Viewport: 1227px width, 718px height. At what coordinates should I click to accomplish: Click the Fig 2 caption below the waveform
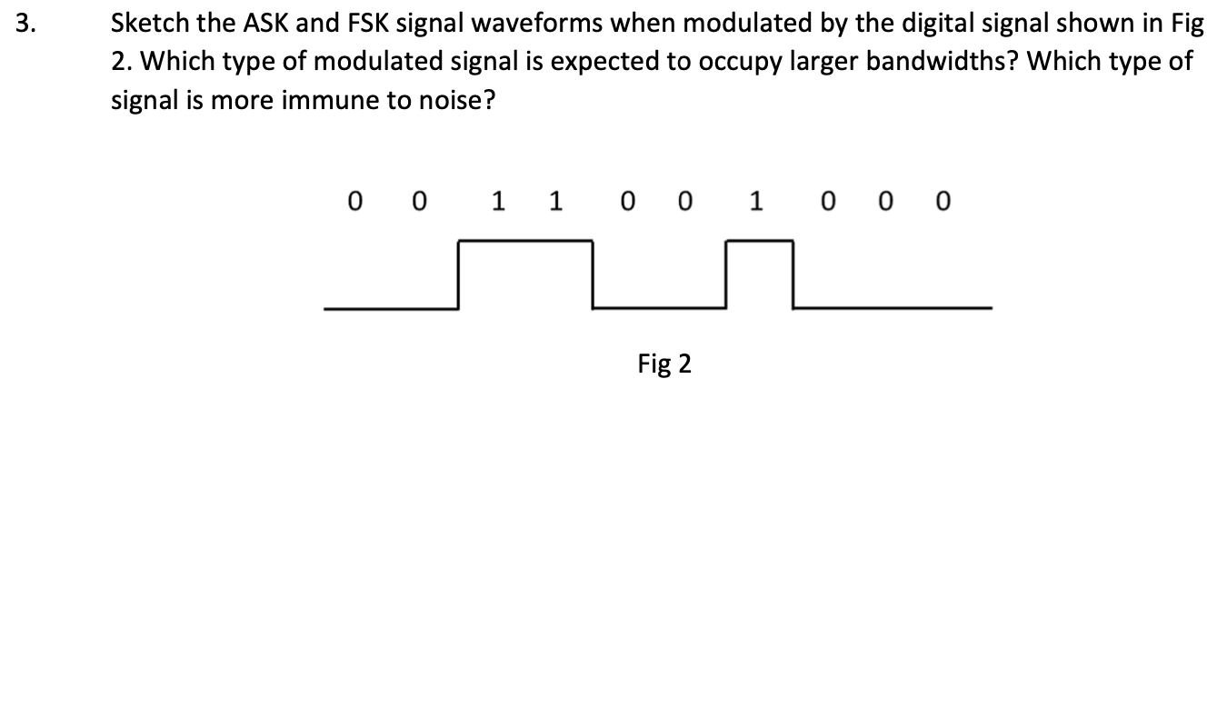(664, 364)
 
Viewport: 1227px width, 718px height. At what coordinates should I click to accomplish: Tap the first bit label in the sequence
(354, 201)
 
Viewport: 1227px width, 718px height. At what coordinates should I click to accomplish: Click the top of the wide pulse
(525, 241)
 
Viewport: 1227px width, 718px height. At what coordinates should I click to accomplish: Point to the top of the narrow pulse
(759, 241)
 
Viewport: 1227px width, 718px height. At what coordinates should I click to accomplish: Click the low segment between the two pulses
(659, 308)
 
